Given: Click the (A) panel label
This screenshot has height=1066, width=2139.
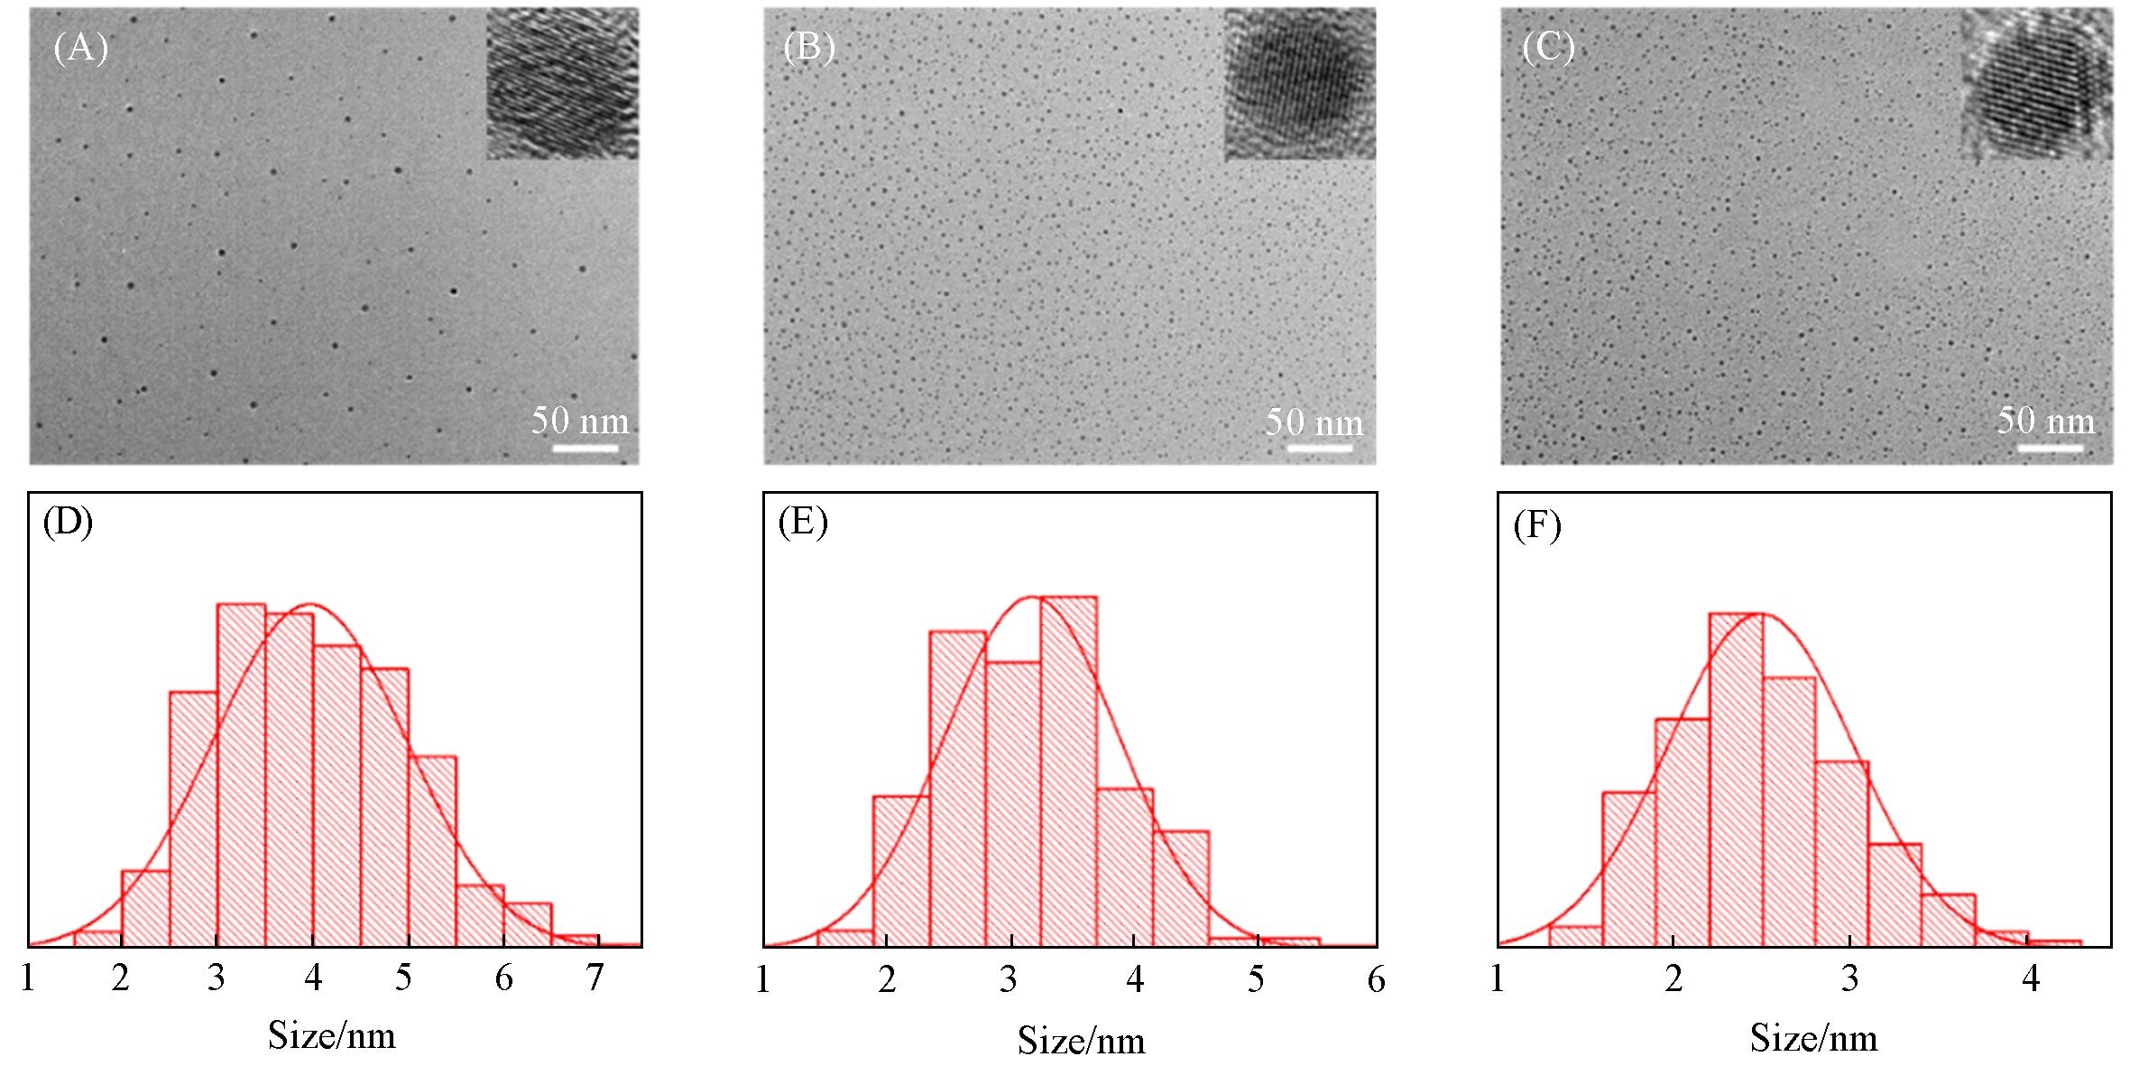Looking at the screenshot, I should click(x=80, y=48).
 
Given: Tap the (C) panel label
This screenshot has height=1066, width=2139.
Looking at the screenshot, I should click(x=1548, y=48).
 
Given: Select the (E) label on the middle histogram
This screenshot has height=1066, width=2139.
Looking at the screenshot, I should click(x=803, y=524).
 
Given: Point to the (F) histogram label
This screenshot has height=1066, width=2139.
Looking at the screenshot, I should click(x=1537, y=525).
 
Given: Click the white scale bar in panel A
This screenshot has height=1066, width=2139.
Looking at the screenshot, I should click(x=585, y=448).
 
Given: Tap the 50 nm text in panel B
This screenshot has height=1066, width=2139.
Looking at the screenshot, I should click(x=1314, y=422).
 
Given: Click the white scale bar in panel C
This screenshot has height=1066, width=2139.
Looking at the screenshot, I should click(x=2049, y=448).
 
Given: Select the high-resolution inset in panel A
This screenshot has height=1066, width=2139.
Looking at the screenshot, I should click(x=562, y=84).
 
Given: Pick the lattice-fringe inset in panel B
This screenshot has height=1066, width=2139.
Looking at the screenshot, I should click(x=1299, y=84).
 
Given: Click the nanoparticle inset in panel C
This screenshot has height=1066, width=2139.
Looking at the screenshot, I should click(x=2036, y=84).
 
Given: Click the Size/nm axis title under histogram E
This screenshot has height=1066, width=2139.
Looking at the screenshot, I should click(x=1082, y=1041).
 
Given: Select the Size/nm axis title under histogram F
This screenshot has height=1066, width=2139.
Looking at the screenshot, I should click(x=1814, y=1038).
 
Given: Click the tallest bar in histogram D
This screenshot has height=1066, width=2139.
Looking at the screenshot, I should click(x=241, y=776).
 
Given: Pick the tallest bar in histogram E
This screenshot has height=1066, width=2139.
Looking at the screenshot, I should click(x=1068, y=772).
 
